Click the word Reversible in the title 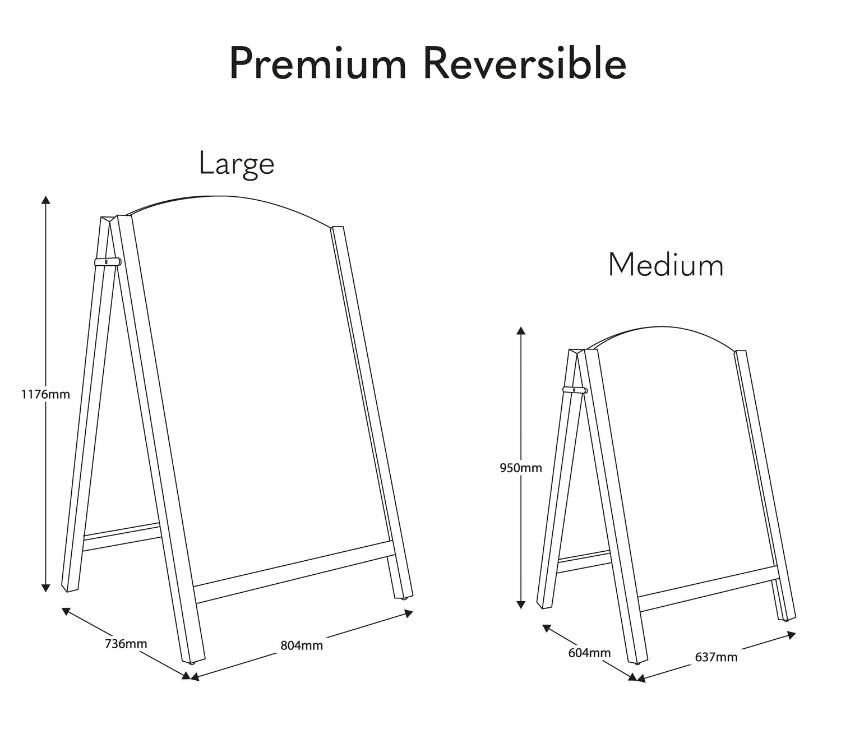click(525, 63)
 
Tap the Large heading click(237, 165)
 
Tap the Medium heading click(666, 265)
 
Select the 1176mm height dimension click(45, 394)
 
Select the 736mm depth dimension click(126, 644)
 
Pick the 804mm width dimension click(302, 645)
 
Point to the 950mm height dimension click(521, 468)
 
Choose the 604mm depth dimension click(590, 653)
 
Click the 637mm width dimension click(716, 657)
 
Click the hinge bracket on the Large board click(108, 262)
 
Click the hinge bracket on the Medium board click(575, 390)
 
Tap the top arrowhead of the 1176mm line click(46, 199)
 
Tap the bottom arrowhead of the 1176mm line click(46, 588)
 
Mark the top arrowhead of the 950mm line click(521, 330)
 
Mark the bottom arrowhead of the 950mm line click(521, 605)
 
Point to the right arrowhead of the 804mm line click(409, 613)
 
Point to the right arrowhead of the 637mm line click(792, 635)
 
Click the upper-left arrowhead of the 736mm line click(66, 611)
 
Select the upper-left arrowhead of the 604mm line click(547, 628)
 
